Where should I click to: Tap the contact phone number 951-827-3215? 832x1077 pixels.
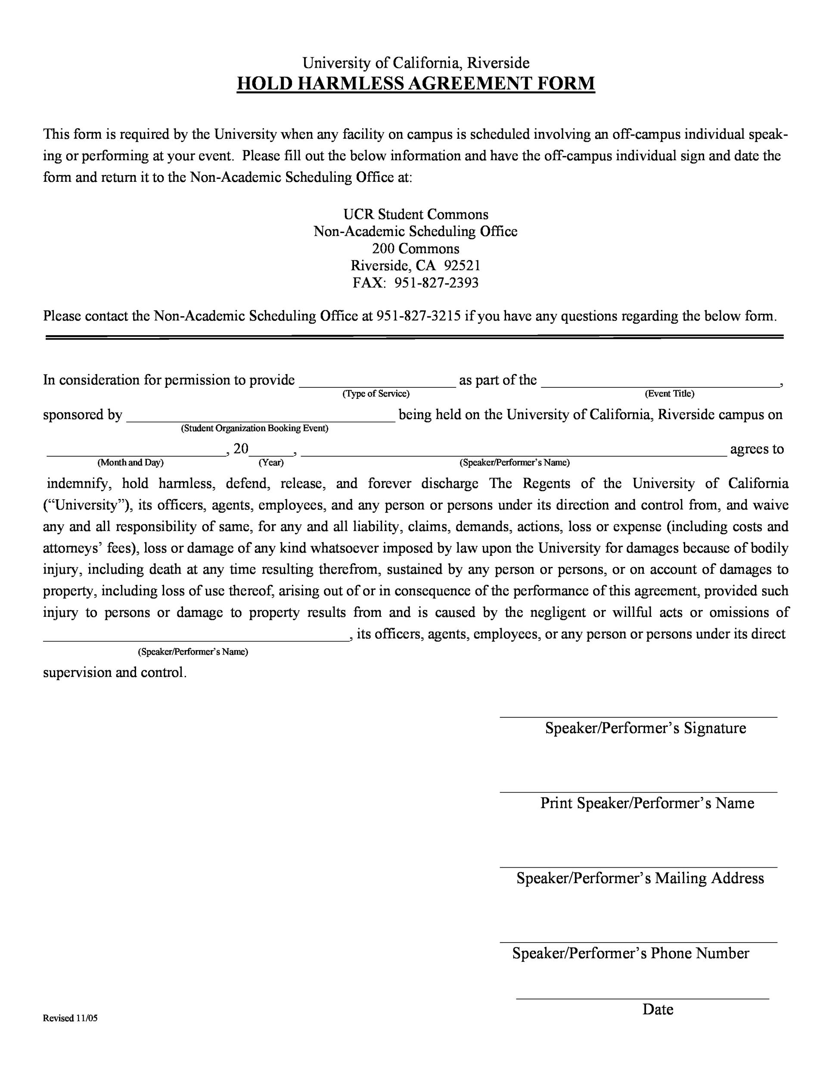click(x=419, y=316)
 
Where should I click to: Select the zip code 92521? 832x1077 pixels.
click(x=462, y=265)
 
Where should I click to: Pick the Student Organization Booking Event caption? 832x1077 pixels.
click(x=255, y=428)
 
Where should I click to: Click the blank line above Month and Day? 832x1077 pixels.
click(x=136, y=455)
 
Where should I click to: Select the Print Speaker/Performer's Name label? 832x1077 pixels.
click(x=647, y=803)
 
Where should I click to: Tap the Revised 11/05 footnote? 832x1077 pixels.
click(x=70, y=1018)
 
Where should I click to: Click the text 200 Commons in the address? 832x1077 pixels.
click(x=416, y=248)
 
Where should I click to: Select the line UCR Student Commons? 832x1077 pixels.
click(x=416, y=214)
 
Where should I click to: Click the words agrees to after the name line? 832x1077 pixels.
click(x=757, y=449)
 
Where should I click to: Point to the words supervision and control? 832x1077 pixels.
click(x=115, y=672)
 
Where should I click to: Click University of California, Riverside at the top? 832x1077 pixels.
click(x=416, y=62)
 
